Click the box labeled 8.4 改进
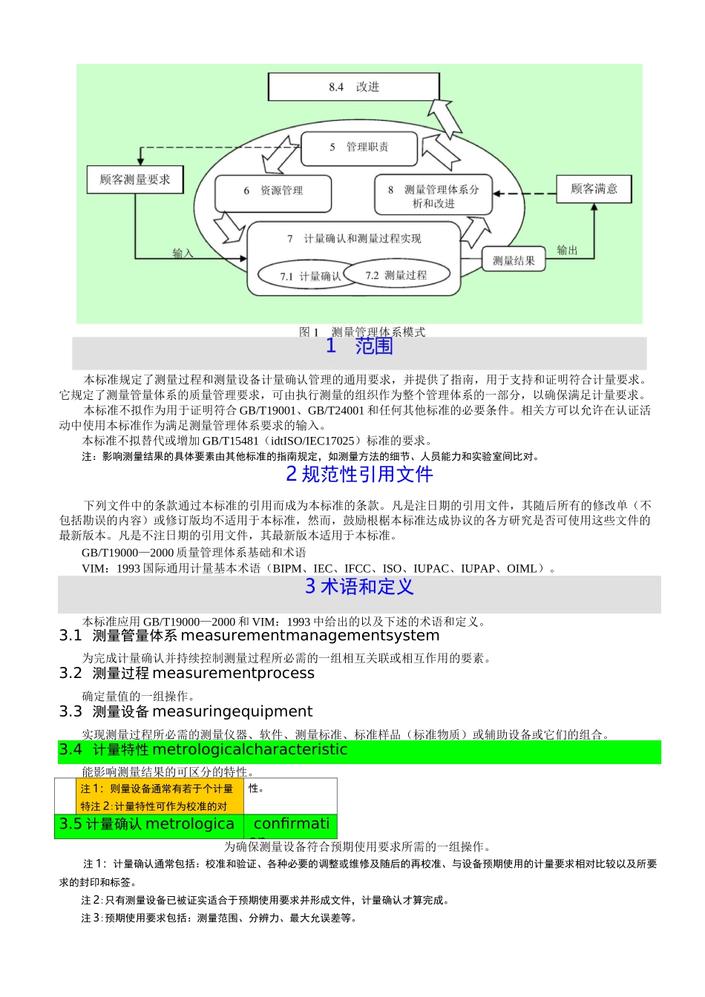click(x=353, y=87)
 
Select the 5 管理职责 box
click(x=359, y=147)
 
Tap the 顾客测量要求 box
click(x=135, y=180)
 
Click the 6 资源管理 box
click(x=273, y=191)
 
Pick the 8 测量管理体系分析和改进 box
click(x=433, y=196)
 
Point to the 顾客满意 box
click(x=594, y=188)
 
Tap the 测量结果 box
click(x=514, y=260)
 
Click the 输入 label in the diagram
click(x=183, y=254)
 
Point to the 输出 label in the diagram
click(x=567, y=250)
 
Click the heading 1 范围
click(x=359, y=346)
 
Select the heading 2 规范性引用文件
click(x=359, y=474)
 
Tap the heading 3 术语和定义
click(x=359, y=587)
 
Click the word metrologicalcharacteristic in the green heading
click(x=249, y=750)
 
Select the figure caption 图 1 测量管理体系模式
click(x=362, y=332)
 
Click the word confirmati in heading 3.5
click(x=292, y=824)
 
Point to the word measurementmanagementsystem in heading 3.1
click(x=310, y=636)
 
